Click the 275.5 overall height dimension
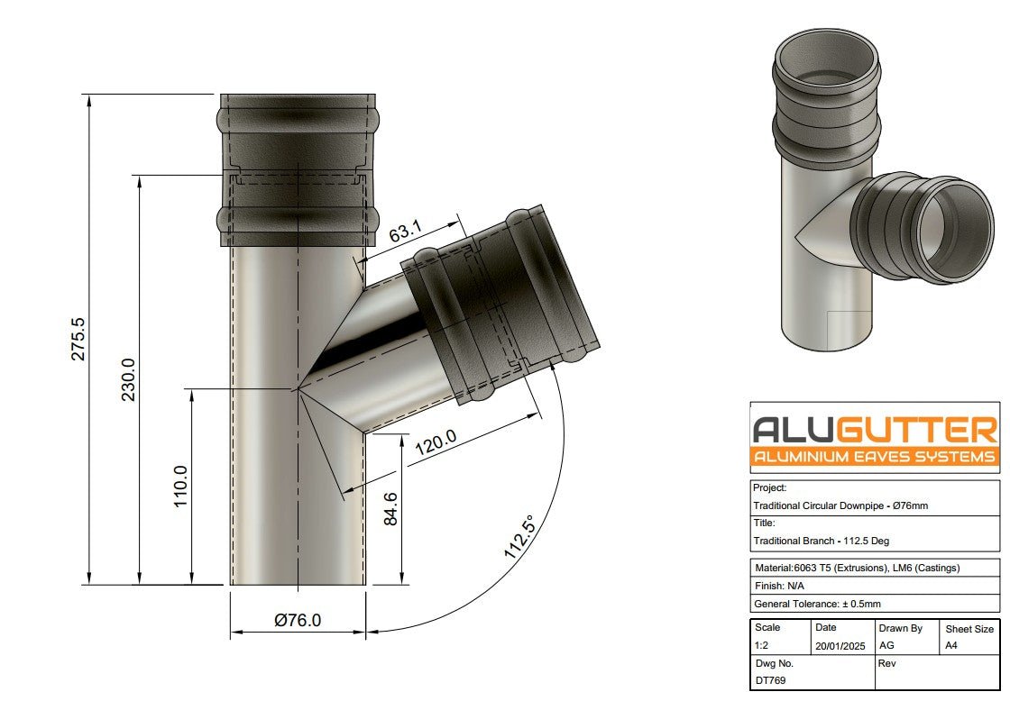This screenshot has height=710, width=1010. pyautogui.click(x=78, y=339)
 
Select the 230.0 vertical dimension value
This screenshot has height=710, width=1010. pyautogui.click(x=129, y=379)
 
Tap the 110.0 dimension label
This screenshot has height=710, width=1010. pyautogui.click(x=180, y=487)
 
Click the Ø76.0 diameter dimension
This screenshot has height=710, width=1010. pyautogui.click(x=298, y=621)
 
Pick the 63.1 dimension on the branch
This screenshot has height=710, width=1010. pyautogui.click(x=406, y=232)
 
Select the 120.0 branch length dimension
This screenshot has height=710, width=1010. pyautogui.click(x=436, y=442)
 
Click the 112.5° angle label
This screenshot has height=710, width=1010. pyautogui.click(x=520, y=538)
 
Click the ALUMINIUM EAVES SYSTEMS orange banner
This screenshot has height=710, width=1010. pyautogui.click(x=875, y=457)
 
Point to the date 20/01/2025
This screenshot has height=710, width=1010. pyautogui.click(x=839, y=646)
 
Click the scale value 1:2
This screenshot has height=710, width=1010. pyautogui.click(x=762, y=646)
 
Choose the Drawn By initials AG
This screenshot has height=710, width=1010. pyautogui.click(x=886, y=646)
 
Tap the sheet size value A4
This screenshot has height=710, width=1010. pyautogui.click(x=950, y=646)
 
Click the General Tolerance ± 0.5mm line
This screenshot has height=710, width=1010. pyautogui.click(x=816, y=604)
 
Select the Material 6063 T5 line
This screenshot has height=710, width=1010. pyautogui.click(x=857, y=568)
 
